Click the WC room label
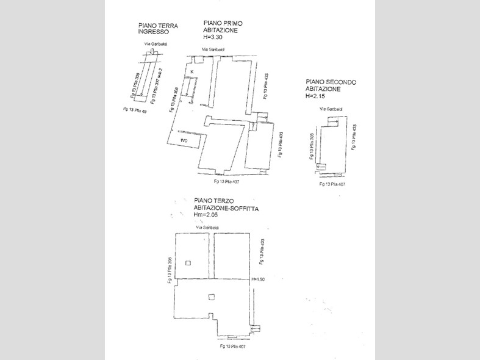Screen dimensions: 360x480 pos(184,140)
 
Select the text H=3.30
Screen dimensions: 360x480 pos(216,37)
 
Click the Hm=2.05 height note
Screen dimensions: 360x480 pos(207,215)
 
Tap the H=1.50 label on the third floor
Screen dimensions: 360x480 pos(258,279)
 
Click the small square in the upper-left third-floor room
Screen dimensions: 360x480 pos(188,264)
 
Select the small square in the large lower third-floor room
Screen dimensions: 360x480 pos(211,297)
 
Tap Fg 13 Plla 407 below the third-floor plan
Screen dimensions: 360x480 pos(234,347)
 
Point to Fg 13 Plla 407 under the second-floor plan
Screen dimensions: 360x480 pos(333,184)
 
